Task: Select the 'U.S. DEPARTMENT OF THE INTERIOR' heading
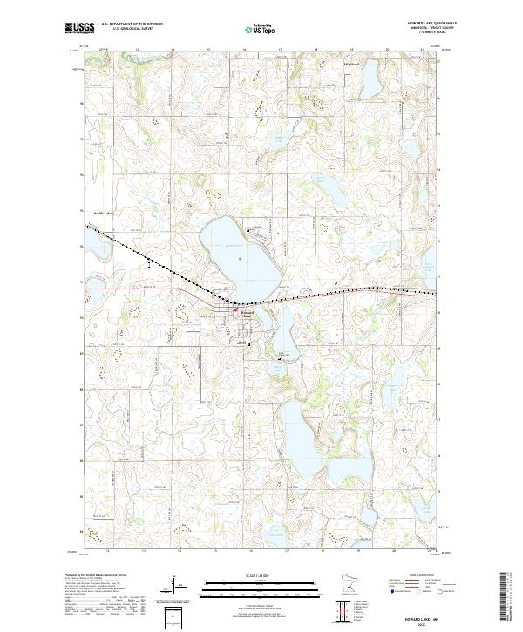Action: point(132,24)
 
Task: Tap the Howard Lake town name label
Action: point(246,314)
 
